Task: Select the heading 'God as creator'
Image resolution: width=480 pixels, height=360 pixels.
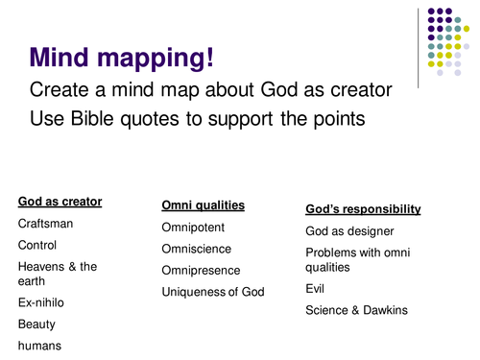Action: tap(60, 202)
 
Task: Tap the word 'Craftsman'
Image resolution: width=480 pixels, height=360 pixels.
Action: tap(45, 224)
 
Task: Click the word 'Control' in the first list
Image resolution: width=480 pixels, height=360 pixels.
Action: tap(39, 245)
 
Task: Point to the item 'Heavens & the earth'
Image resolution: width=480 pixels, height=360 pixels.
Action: tap(57, 274)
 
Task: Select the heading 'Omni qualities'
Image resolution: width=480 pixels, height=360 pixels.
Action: tap(203, 205)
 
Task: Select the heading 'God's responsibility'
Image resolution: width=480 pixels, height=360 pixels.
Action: tap(363, 208)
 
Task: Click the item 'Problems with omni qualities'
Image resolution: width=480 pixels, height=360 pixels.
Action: tap(359, 259)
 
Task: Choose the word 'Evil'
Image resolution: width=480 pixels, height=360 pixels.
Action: tap(316, 288)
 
